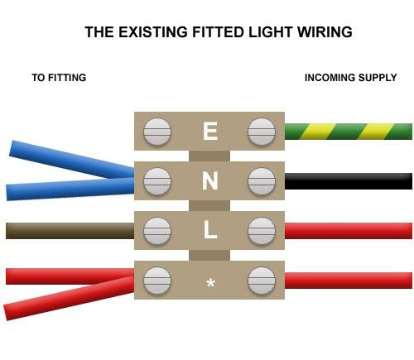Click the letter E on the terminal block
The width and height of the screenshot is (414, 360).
point(210,131)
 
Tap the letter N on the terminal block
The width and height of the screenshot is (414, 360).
point(210,180)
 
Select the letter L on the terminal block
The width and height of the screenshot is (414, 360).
point(210,230)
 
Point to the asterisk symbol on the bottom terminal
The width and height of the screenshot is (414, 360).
point(210,283)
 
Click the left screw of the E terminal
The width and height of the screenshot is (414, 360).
point(157,132)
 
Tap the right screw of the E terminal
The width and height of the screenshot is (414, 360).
point(262,132)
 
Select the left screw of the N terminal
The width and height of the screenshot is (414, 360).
point(157,181)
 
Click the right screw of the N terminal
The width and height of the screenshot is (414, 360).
point(262,181)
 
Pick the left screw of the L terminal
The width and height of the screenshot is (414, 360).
point(157,231)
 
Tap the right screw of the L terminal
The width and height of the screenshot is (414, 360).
point(262,231)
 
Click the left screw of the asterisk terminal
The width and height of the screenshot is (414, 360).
point(157,281)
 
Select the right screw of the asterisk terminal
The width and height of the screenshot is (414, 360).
point(262,281)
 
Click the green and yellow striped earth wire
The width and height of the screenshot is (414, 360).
point(349,132)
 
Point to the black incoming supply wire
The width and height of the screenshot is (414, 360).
point(349,181)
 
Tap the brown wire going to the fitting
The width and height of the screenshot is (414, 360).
point(70,231)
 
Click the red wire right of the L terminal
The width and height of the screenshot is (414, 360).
point(349,231)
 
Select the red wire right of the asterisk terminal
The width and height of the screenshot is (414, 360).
point(349,281)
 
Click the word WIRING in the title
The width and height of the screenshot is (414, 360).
point(325,32)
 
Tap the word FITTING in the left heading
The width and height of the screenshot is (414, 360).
point(67,78)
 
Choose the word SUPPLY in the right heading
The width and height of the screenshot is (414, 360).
point(378,78)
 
